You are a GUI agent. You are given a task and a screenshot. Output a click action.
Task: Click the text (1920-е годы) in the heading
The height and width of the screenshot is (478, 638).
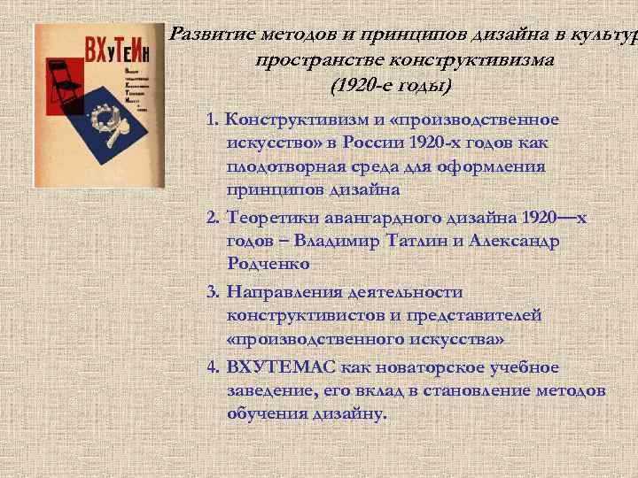click(x=390, y=86)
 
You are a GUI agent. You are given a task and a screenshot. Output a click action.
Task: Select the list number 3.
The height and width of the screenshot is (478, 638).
click(x=212, y=291)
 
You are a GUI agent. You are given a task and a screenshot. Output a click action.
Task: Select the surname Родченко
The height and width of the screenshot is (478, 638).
click(x=268, y=263)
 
